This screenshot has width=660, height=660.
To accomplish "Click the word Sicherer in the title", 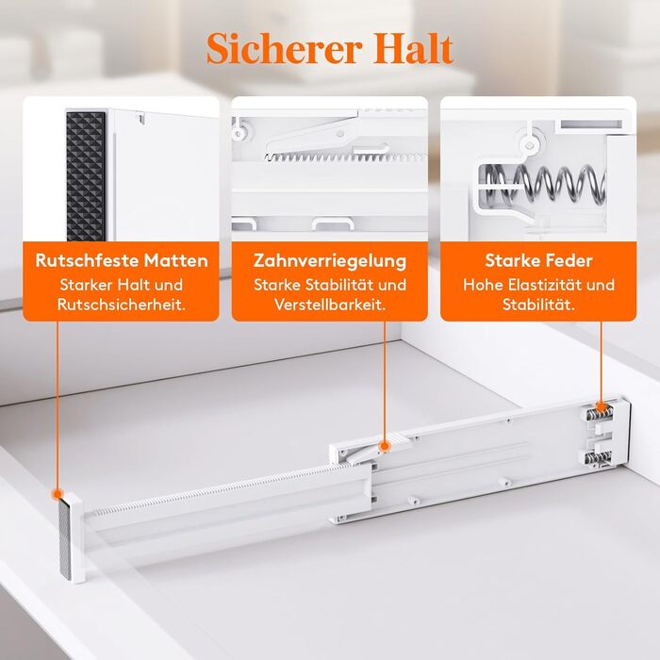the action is (285, 48).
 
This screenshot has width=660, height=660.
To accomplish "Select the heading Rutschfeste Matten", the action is (122, 260).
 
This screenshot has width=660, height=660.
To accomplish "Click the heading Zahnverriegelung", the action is (330, 261).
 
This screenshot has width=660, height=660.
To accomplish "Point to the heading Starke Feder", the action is (538, 260).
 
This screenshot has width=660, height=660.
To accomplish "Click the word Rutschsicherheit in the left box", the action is (122, 305).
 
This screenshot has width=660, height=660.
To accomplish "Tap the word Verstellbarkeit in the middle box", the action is (330, 305).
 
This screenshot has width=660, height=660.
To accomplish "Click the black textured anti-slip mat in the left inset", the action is (86, 176).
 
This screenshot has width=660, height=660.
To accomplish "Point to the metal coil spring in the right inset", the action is (544, 183).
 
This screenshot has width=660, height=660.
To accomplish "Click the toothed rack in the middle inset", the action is (345, 157).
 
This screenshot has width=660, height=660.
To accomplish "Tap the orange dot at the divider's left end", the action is (58, 494).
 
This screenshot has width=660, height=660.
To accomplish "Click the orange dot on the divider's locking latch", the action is (385, 446).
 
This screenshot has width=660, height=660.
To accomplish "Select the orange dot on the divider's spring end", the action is (602, 406).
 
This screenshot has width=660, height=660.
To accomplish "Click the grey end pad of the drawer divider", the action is (65, 539).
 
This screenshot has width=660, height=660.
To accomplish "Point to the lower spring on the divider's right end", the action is (598, 459).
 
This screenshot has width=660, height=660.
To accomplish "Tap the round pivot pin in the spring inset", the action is (530, 145).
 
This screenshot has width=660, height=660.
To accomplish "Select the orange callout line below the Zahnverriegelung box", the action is (385, 381).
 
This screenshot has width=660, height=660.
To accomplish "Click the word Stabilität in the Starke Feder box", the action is (538, 305).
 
